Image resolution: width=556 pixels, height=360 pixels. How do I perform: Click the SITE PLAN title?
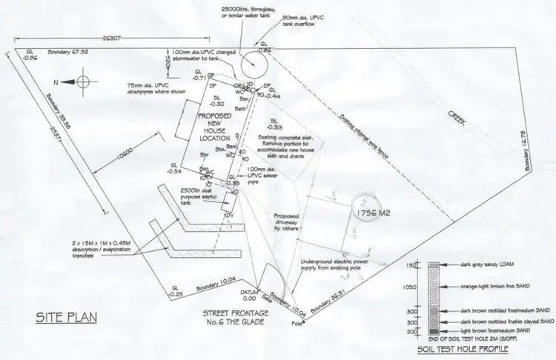67,319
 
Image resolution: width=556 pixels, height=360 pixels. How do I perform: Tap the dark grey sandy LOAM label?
485,264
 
